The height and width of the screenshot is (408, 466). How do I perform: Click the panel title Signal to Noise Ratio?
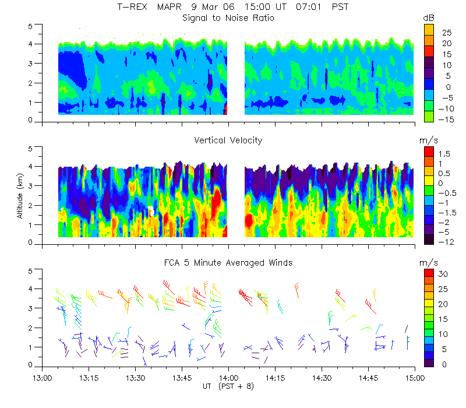coord(228,18)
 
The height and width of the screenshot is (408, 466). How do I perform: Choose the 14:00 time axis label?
coord(228,377)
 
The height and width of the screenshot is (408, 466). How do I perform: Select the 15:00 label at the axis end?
coord(414,377)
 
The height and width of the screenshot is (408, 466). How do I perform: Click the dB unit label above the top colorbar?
coord(429,19)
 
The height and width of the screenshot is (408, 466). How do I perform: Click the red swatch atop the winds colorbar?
coord(428,273)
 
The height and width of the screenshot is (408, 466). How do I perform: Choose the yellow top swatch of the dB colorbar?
coord(428,29)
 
